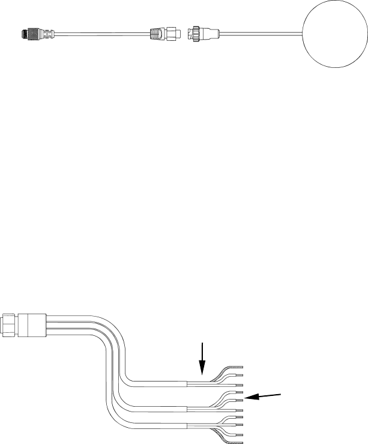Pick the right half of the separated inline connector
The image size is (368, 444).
202,32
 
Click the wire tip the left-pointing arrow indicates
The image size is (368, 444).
240,399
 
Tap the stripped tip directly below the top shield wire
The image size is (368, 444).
240,375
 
